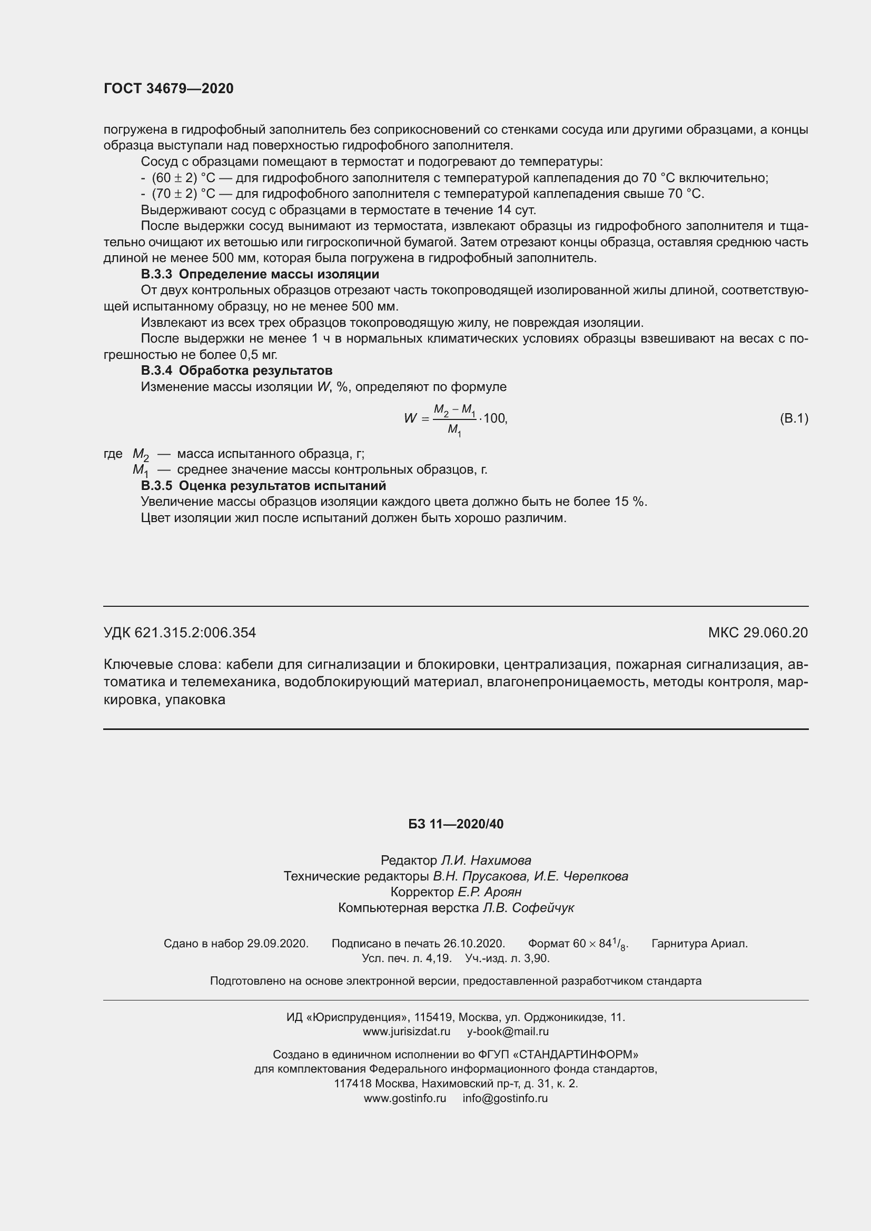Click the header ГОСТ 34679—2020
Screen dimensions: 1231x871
pyautogui.click(x=169, y=88)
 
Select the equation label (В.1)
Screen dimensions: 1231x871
pyautogui.click(x=793, y=418)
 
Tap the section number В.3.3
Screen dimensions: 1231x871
pyautogui.click(x=156, y=275)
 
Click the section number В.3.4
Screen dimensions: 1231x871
pyautogui.click(x=156, y=371)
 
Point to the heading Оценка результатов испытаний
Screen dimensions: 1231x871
pyautogui.click(x=282, y=486)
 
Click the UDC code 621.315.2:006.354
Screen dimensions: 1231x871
pyautogui.click(x=195, y=633)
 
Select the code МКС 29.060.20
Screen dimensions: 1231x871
pyautogui.click(x=757, y=633)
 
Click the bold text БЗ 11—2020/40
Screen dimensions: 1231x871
pyautogui.click(x=456, y=824)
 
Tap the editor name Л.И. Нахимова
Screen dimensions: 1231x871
pyautogui.click(x=486, y=860)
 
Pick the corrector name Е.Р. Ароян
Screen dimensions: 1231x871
pyautogui.click(x=489, y=892)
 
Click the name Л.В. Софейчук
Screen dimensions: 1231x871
pyautogui.click(x=528, y=908)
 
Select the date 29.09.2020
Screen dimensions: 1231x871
pyautogui.click(x=278, y=944)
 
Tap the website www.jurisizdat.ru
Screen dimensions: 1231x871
pyautogui.click(x=407, y=1032)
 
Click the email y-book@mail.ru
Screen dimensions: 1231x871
pyautogui.click(x=507, y=1032)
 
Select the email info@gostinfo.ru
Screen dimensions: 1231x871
pyautogui.click(x=504, y=1098)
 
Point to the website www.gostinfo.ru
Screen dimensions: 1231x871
pyautogui.click(x=405, y=1098)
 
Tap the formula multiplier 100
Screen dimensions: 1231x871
pyautogui.click(x=494, y=418)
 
